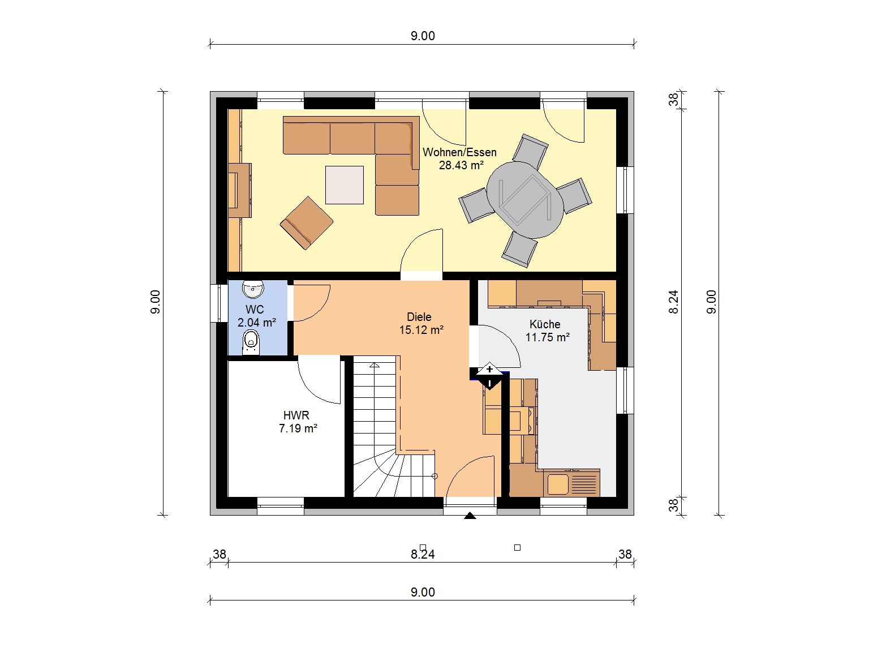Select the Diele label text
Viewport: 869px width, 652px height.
(419, 317)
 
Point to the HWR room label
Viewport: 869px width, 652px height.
(296, 415)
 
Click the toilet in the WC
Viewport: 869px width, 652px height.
(251, 342)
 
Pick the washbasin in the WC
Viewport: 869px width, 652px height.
(253, 289)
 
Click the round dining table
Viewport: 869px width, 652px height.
(525, 200)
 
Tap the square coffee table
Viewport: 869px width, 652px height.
(345, 185)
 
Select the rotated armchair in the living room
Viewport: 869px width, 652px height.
(307, 223)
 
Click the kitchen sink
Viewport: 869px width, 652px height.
(571, 483)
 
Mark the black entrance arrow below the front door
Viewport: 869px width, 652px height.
(470, 516)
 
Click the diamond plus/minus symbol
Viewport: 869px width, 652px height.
(490, 376)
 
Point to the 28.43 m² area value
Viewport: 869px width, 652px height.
(461, 165)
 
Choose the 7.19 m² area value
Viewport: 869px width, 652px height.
(298, 428)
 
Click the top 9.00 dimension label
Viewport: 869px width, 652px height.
(423, 36)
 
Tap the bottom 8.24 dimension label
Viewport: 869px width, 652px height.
(423, 555)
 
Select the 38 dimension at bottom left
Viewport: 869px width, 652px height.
(220, 554)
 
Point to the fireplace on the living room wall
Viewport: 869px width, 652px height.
(240, 190)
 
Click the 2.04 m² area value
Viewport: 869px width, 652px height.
(256, 323)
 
